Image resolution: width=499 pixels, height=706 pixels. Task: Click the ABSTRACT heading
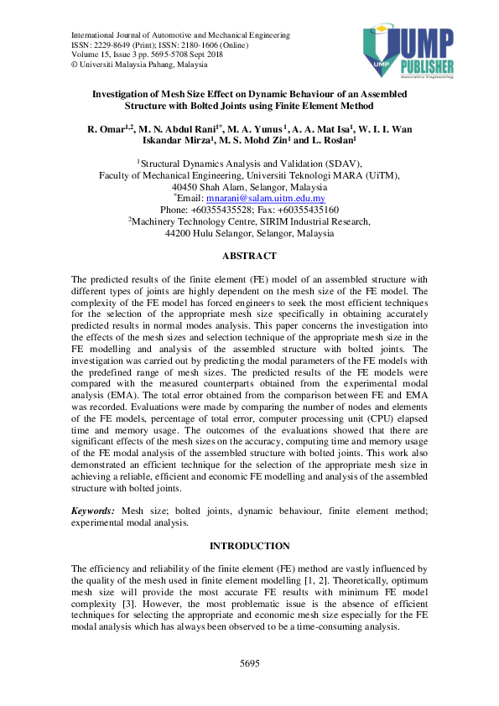point(249,255)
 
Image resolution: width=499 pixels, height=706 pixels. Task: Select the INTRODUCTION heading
point(249,546)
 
